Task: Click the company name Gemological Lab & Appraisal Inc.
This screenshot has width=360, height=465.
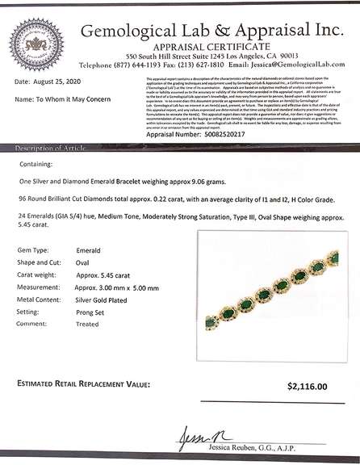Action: [211, 32]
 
